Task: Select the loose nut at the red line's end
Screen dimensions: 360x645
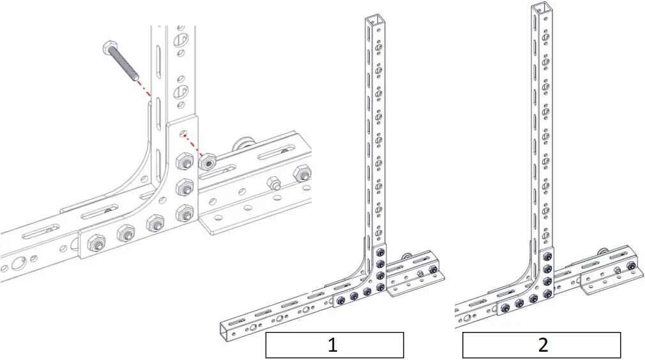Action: [x=207, y=163]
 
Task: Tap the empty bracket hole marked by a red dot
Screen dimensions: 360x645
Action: [x=183, y=135]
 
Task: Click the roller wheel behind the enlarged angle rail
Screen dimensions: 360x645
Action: [x=242, y=144]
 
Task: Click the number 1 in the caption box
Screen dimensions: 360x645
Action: [x=333, y=345]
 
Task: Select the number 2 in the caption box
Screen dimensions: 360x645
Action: [x=542, y=345]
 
